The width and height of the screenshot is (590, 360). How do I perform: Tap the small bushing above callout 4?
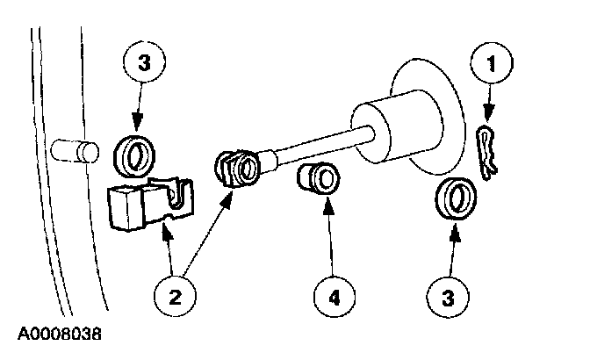click(319, 179)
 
